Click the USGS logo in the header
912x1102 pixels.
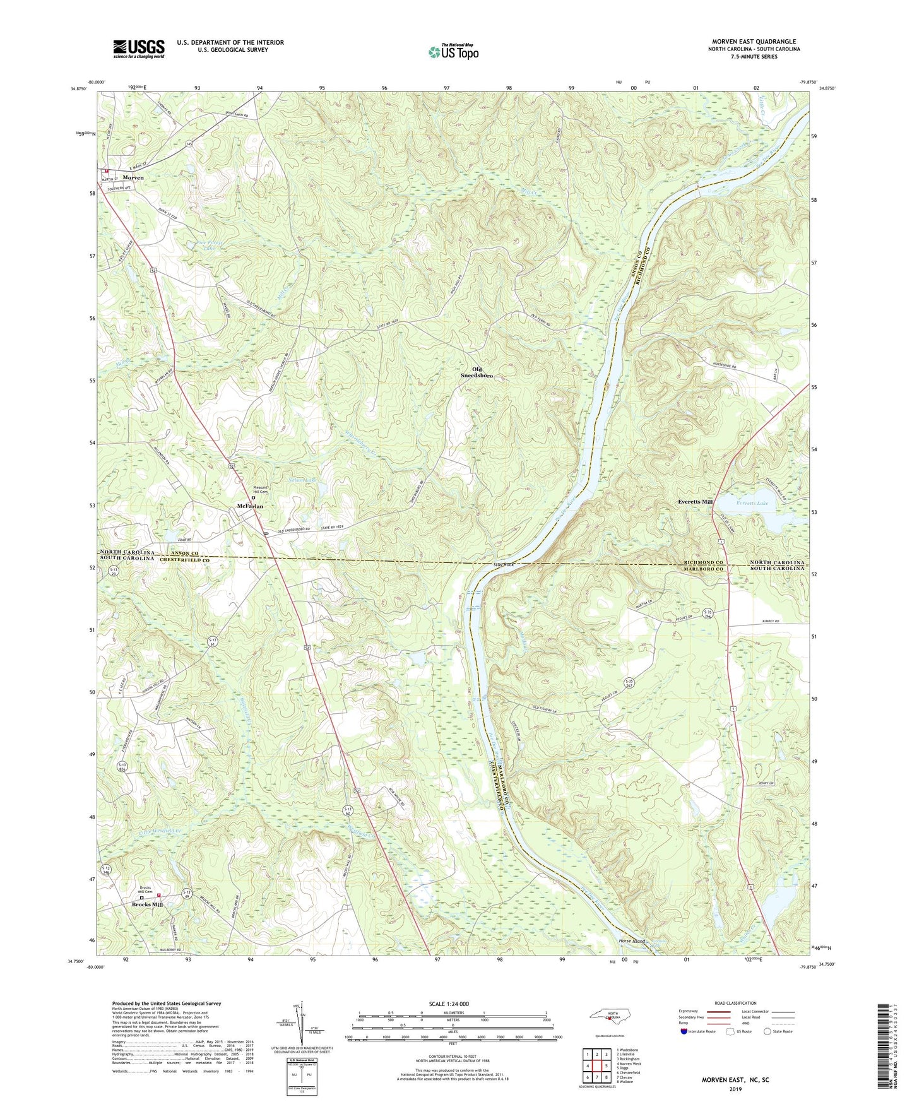pos(138,48)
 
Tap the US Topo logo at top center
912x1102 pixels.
pos(453,52)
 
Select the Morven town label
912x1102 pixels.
pos(133,178)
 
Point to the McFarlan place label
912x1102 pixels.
pos(250,506)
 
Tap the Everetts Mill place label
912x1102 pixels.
pos(695,502)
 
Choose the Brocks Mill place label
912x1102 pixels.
pos(147,904)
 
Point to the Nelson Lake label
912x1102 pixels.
pos(302,480)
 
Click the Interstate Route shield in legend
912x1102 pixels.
pos(685,1031)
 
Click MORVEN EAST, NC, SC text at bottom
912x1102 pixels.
pos(735,1080)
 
